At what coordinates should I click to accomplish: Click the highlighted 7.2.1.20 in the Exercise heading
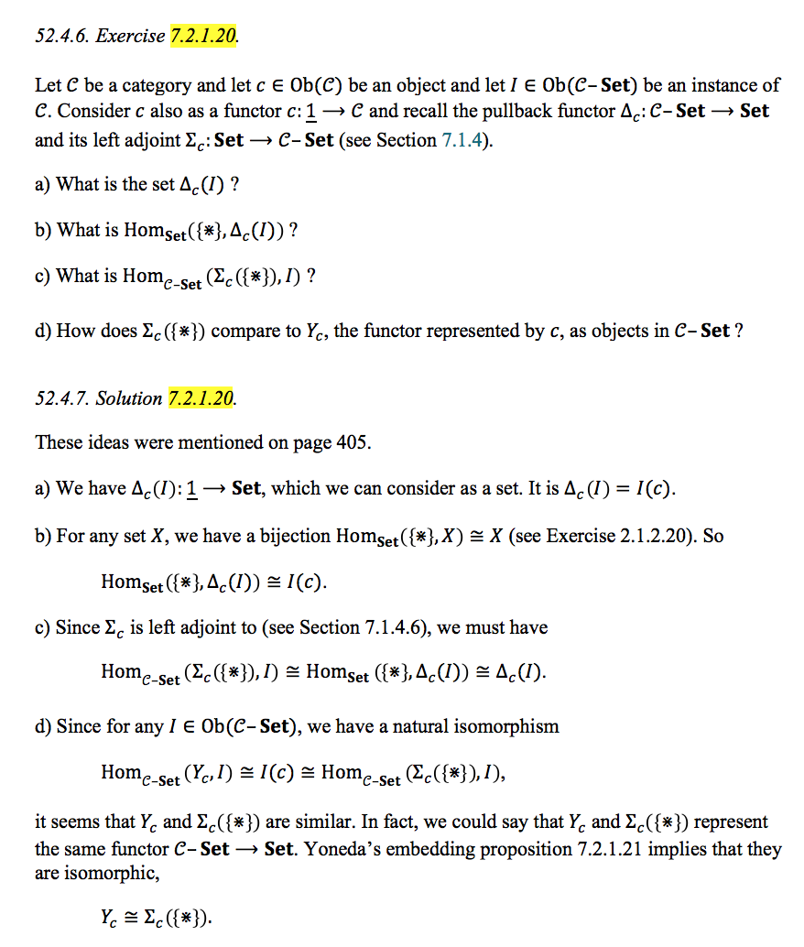202,37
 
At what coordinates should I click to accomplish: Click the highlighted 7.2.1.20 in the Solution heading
201,398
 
